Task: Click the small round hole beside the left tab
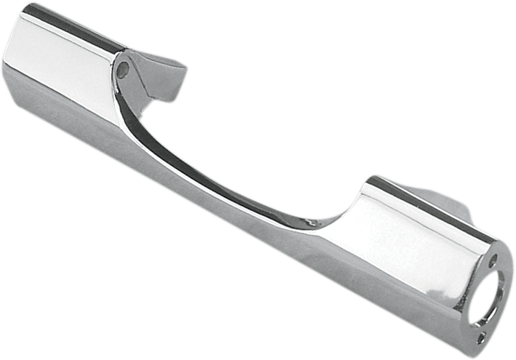tap(123, 70)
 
